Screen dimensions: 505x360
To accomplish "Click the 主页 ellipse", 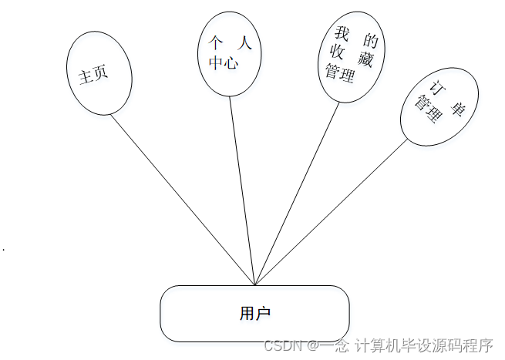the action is pos(99,72).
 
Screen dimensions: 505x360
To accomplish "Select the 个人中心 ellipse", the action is pos(230,53).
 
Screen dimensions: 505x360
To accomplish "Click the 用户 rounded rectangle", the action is pos(254,313).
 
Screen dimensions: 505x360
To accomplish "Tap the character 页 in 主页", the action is pos(100,71).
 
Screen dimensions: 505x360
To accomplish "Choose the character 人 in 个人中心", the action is pos(246,45).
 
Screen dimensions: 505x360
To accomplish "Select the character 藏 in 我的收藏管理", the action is pos(366,59).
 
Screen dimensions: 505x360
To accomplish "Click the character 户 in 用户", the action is pos(264,313).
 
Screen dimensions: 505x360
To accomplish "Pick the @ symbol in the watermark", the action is pos(314,346).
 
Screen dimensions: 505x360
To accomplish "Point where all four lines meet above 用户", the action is pos(254,284).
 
